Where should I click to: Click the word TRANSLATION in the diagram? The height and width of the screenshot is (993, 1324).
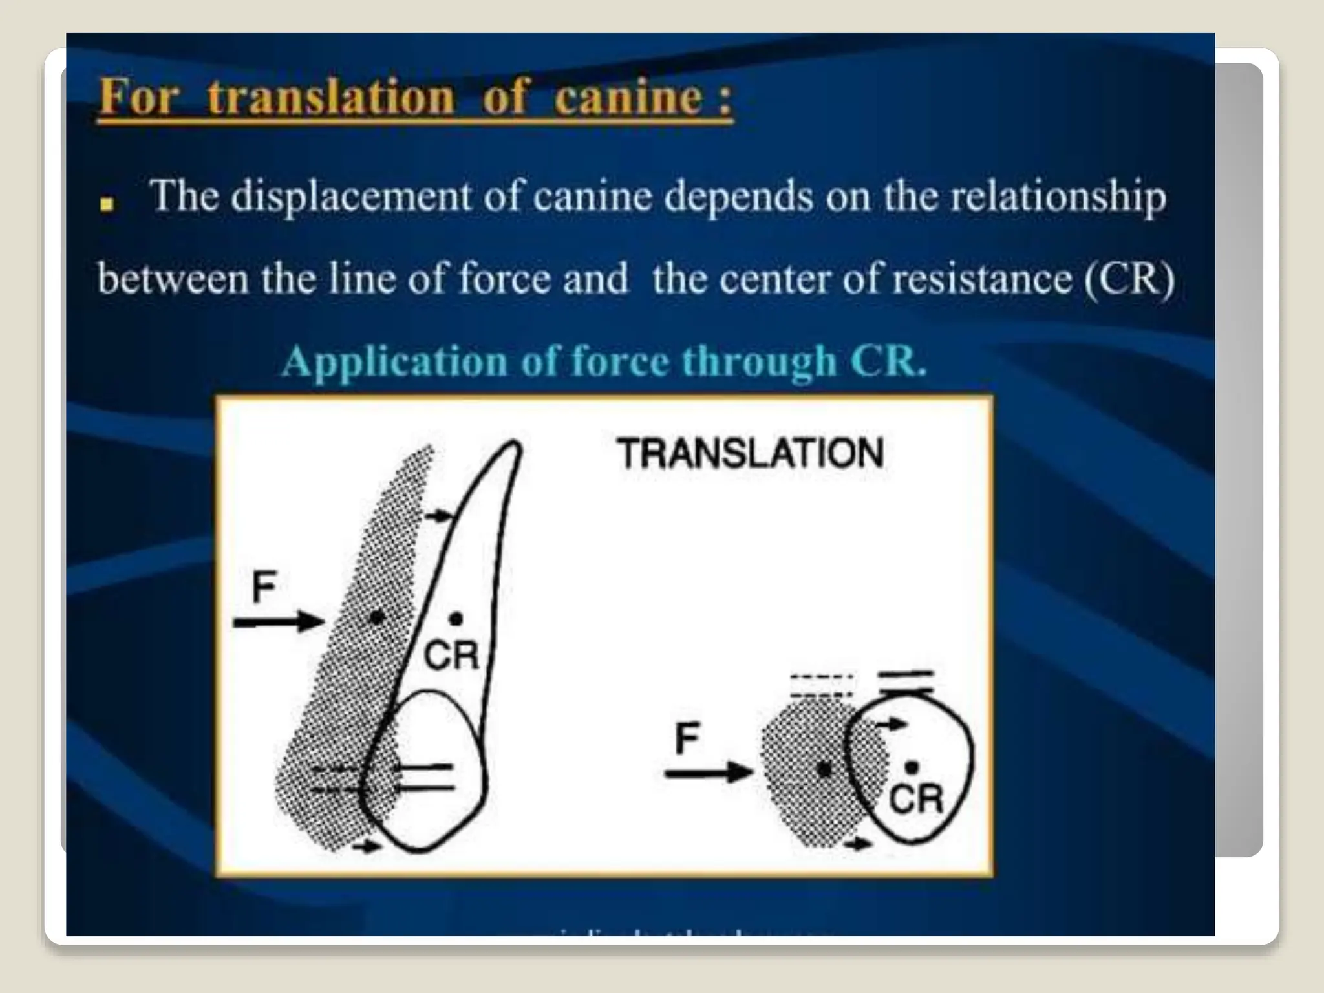pyautogui.click(x=750, y=453)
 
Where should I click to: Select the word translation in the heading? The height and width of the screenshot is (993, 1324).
pyautogui.click(x=331, y=98)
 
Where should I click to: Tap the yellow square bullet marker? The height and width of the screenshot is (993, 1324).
pyautogui.click(x=107, y=206)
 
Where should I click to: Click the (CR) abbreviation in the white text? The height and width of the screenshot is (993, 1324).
pyautogui.click(x=1129, y=279)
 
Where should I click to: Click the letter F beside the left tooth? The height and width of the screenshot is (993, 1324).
pyautogui.click(x=264, y=586)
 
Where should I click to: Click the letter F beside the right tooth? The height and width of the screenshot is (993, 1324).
pyautogui.click(x=687, y=738)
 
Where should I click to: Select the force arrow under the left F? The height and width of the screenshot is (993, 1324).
pyautogui.click(x=279, y=622)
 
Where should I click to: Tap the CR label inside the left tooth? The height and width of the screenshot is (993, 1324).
pyautogui.click(x=451, y=655)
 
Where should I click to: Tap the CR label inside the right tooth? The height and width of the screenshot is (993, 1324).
pyautogui.click(x=916, y=798)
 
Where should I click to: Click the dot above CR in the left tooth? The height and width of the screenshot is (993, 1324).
pyautogui.click(x=456, y=619)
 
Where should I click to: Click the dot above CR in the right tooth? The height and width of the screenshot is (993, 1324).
pyautogui.click(x=912, y=767)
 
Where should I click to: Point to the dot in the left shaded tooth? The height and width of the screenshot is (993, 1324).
pyautogui.click(x=376, y=618)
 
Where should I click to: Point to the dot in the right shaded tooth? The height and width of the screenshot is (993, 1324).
pyautogui.click(x=824, y=769)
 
